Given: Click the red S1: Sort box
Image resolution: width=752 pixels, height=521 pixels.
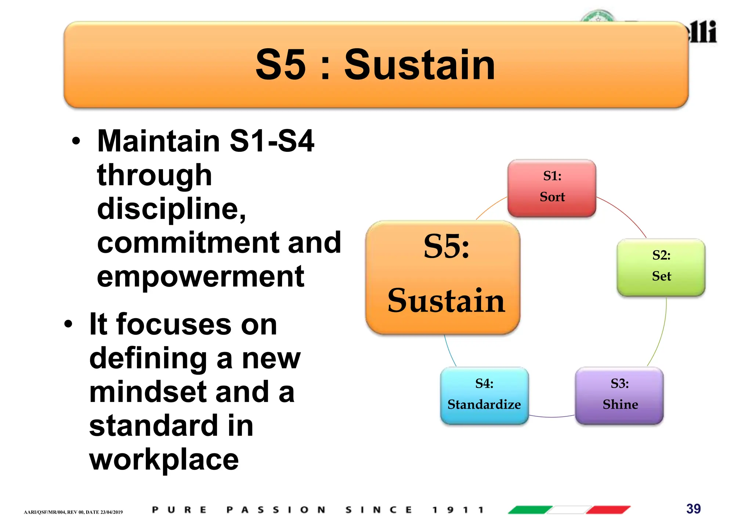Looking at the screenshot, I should coord(552,188).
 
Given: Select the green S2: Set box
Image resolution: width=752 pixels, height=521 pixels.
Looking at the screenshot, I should coord(661,267).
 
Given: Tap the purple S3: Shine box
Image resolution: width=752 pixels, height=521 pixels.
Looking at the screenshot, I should coord(619,395).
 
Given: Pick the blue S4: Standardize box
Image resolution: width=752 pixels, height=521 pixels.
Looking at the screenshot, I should coord(484,395).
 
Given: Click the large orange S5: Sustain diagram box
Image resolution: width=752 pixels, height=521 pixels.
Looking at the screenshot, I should coord(443,277).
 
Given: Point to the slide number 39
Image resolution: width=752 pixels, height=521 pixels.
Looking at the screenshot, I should coord(693,509).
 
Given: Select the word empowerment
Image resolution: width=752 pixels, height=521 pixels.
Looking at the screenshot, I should coord(200,277).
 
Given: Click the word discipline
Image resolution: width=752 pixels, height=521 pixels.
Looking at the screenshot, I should coord(171,209).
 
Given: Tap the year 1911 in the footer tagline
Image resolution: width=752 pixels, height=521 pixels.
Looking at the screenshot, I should coord(458,510).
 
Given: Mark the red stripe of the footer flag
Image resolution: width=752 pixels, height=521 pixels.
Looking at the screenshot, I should coord(608,510).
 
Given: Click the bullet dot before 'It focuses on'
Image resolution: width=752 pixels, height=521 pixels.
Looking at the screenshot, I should coord(68,324).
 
